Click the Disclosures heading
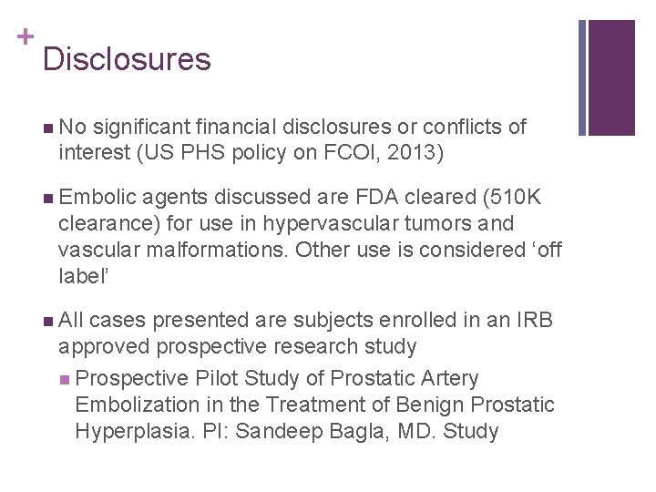pyautogui.click(x=126, y=60)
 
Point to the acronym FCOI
pyautogui.click(x=339, y=152)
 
